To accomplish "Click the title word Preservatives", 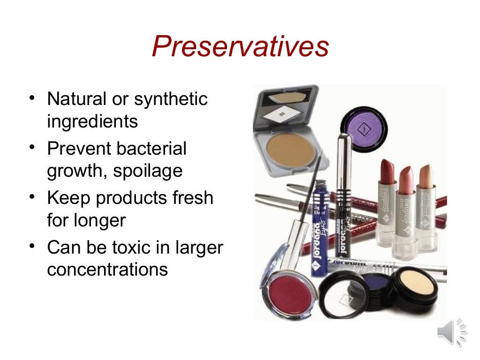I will [240, 47].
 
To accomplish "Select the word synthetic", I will [171, 100].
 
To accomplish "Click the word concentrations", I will [107, 270].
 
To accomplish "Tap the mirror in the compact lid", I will [284, 97].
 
